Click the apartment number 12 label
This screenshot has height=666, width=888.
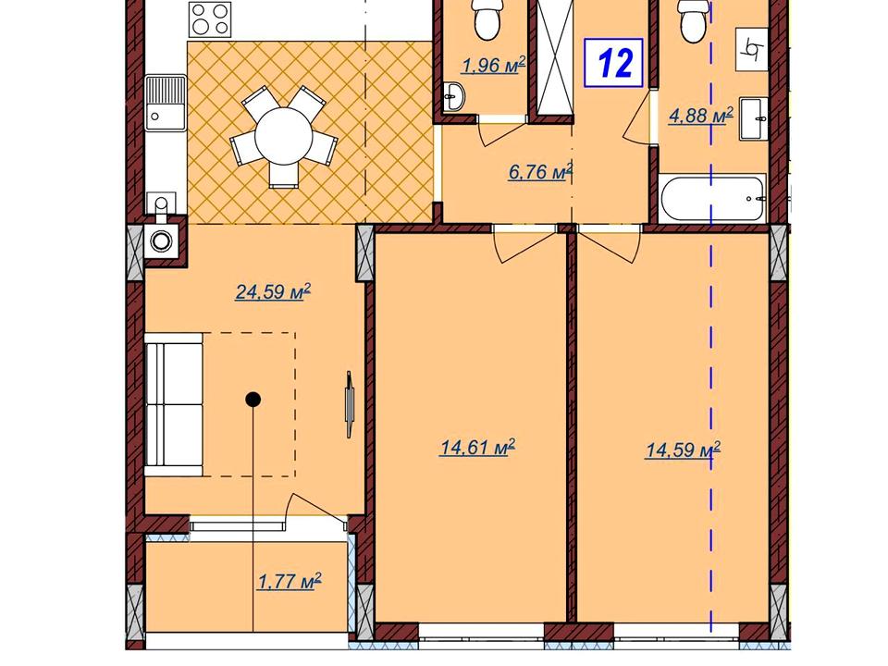614,63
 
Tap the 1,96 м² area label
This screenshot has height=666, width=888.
493,65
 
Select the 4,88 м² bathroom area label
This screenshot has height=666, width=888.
701,116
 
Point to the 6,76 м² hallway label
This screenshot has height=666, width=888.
540,171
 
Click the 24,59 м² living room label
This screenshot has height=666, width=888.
273,291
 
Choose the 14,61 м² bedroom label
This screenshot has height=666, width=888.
477,448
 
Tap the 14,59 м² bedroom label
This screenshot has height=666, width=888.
683,450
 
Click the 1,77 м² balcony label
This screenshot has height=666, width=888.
290,581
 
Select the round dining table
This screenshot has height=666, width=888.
283,136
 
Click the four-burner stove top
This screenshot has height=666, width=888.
210,18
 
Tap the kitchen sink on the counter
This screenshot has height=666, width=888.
166,103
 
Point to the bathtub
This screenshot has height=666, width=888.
712,199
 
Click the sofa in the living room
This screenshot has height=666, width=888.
174,404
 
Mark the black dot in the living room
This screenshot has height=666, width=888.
253,400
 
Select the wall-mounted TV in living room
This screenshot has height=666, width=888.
350,404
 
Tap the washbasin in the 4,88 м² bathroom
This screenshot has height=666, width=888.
754,119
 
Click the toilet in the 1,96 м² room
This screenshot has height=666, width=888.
487,18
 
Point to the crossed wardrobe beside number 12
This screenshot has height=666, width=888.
555,58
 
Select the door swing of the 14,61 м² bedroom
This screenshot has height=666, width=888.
524,244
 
